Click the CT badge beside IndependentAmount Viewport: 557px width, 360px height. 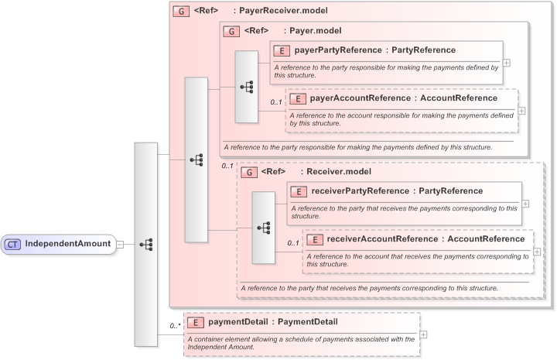coord(13,244)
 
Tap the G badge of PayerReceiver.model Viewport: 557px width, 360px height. coord(181,12)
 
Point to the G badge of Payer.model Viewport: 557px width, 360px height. coord(231,31)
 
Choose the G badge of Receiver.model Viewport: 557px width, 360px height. coord(248,172)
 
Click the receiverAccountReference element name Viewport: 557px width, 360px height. coord(425,239)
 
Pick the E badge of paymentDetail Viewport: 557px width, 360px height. coord(196,321)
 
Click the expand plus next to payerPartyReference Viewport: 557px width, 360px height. coord(506,63)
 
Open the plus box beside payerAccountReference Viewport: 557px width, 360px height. coord(521,111)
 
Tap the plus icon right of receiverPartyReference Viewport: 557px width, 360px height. coord(526,204)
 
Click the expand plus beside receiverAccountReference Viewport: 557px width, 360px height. coord(537,252)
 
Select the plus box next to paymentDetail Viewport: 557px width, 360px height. coord(423,334)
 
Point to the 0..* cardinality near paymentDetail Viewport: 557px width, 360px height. coord(175,327)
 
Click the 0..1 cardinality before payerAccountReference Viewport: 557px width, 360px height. coord(276,102)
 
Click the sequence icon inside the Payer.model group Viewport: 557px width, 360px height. coord(246,87)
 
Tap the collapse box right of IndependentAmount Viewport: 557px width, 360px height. coord(121,245)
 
